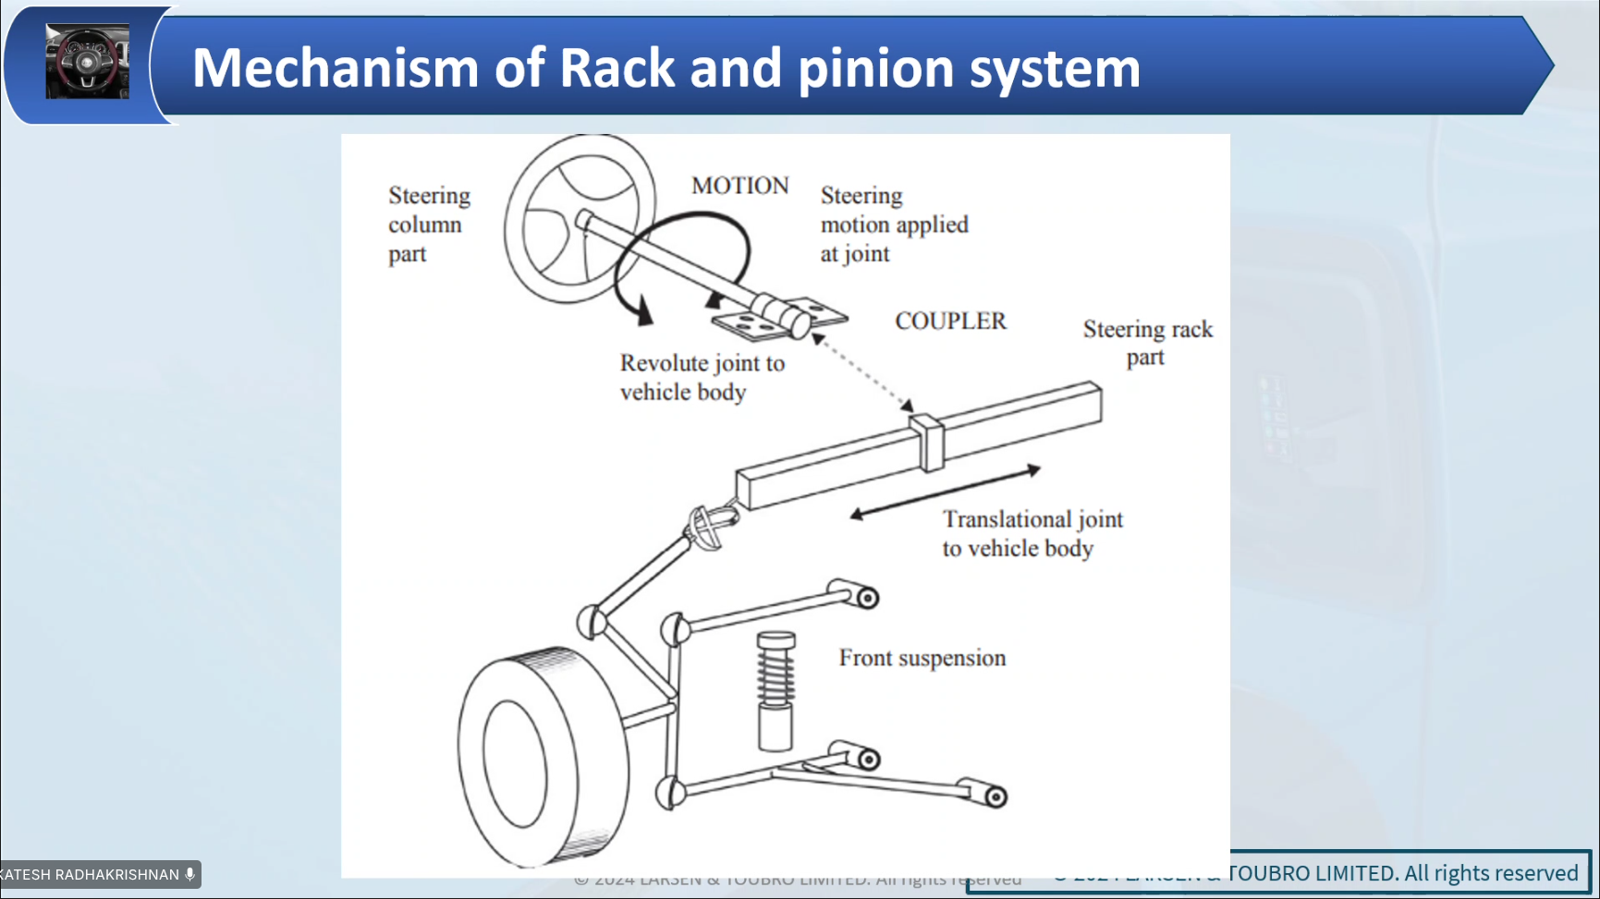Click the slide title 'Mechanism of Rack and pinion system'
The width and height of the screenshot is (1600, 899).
(x=666, y=67)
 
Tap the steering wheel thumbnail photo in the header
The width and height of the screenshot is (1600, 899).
(x=87, y=62)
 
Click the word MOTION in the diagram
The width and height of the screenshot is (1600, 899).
(x=739, y=186)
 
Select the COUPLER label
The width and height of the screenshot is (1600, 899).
(x=950, y=321)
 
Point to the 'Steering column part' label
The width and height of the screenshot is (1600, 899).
(x=429, y=225)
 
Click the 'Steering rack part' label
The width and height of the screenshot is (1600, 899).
(x=1147, y=343)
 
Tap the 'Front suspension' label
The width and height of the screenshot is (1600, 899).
(x=922, y=658)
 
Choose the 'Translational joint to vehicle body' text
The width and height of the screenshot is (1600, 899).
(x=1032, y=533)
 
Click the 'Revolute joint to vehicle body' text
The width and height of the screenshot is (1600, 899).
(x=702, y=377)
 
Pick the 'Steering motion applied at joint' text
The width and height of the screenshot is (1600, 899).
(x=893, y=225)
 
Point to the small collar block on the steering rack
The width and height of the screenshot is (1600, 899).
(x=926, y=443)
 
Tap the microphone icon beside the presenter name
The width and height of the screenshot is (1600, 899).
(x=190, y=874)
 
